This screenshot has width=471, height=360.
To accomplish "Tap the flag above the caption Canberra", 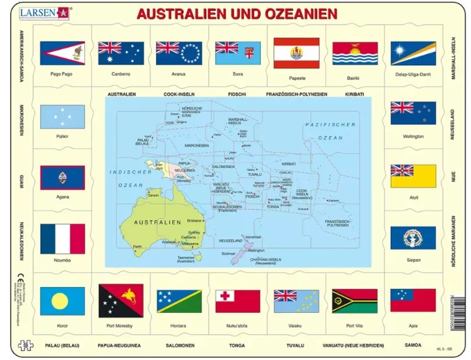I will click(x=121, y=53).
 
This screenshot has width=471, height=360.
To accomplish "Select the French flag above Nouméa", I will click(x=62, y=238).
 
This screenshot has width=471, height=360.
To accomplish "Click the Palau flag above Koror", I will click(x=62, y=301).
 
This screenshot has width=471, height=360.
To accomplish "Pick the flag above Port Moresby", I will click(x=121, y=301).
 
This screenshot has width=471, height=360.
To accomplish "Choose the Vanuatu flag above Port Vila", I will click(x=354, y=301).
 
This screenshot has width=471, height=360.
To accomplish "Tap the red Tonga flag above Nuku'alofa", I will click(x=237, y=301).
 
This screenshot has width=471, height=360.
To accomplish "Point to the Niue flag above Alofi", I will click(x=413, y=176).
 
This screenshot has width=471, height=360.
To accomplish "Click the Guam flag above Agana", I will click(x=62, y=177).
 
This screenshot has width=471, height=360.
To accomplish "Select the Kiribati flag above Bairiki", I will click(x=354, y=53).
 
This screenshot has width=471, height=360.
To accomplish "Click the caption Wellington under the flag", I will click(x=413, y=136).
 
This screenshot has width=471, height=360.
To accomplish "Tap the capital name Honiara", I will click(x=179, y=325).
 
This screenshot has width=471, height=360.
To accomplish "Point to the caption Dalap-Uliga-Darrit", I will click(x=413, y=74).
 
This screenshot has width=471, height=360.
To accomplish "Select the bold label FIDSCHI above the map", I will click(x=237, y=94).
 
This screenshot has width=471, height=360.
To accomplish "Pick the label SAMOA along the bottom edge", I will click(x=413, y=345).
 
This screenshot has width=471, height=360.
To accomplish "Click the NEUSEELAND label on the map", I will click(x=230, y=241).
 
